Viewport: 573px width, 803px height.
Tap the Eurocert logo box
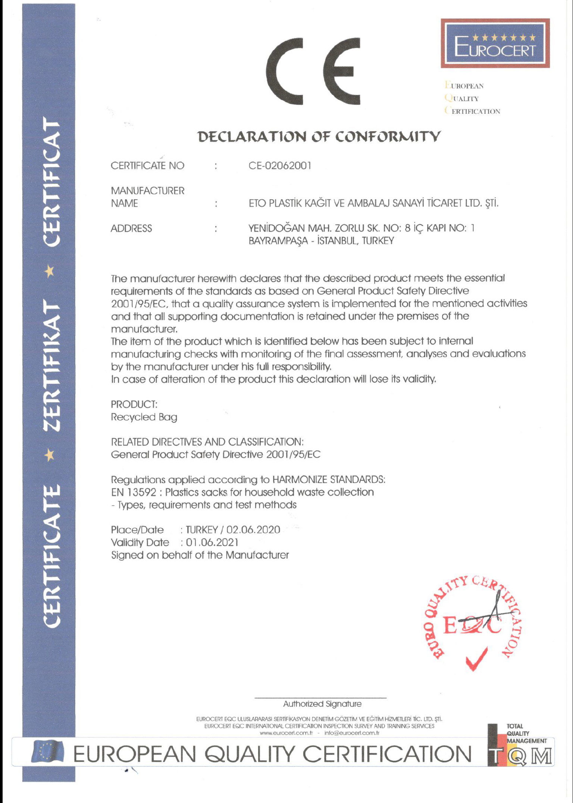point(495,43)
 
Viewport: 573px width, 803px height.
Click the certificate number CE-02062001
point(280,165)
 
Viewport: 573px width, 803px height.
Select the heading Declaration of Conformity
point(319,137)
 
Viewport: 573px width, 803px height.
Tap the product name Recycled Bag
point(144,417)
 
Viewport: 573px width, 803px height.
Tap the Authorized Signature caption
point(322,704)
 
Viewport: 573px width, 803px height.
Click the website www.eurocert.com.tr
point(286,733)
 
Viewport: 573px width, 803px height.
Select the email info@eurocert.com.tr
point(352,733)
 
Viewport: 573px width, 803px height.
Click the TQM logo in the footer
point(520,746)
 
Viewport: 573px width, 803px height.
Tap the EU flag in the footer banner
point(46,751)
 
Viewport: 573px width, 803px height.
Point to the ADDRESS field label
point(131,228)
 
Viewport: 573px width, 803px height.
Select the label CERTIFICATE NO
point(147,165)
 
